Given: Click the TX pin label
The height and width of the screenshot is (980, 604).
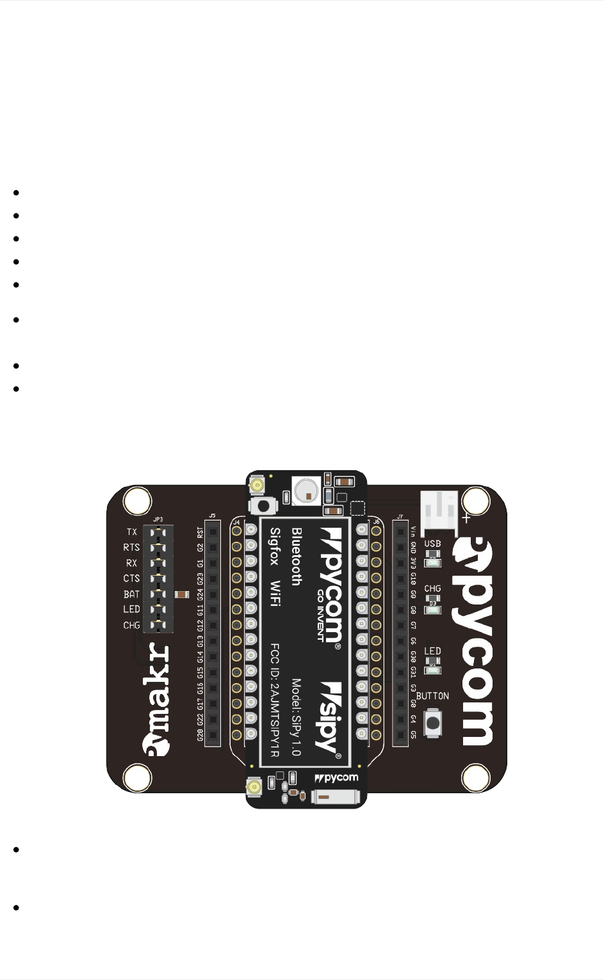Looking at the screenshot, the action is point(131,532).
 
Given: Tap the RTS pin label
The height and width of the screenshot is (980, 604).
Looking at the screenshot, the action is point(131,548).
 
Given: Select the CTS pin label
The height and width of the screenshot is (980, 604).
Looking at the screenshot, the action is point(131,578).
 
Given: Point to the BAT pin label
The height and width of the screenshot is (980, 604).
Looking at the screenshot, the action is point(131,594).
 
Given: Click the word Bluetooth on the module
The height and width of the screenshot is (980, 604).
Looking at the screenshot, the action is point(297,556).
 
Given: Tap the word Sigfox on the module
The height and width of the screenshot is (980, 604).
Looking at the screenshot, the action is point(275,546).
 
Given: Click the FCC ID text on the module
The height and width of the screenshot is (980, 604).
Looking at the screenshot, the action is point(275,700).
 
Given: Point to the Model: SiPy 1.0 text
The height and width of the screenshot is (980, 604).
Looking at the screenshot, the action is point(296,717).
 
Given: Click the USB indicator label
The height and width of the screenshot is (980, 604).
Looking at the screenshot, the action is point(432,544).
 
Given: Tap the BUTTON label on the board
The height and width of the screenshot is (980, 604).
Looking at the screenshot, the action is point(432,696).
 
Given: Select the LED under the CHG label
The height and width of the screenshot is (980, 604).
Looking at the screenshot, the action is point(433,610).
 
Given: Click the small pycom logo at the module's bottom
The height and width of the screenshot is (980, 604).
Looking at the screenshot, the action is point(337,778).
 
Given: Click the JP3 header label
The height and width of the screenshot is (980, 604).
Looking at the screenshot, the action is point(158,519).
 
